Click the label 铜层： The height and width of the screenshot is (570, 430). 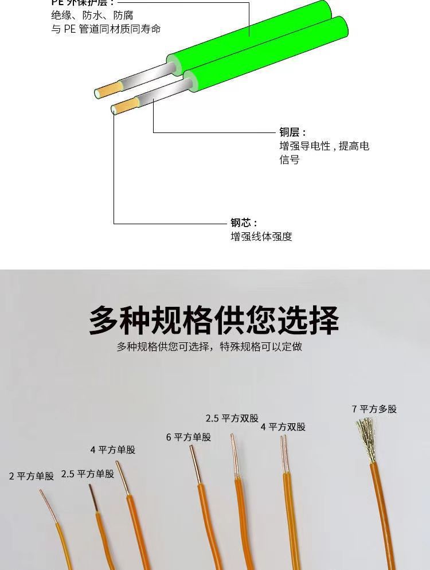point(293,132)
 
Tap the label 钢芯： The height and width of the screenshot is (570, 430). point(244,222)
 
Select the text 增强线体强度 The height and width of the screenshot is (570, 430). point(261,236)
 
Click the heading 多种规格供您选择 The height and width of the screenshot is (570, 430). point(214,320)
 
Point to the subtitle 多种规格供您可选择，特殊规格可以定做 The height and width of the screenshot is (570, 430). point(209,346)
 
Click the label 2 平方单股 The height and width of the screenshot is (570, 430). point(32,476)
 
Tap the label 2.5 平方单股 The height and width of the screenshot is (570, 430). point(88,474)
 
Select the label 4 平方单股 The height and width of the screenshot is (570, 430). point(113,450)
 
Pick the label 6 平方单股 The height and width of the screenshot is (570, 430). point(189,437)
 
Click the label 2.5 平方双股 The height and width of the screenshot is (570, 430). point(232,418)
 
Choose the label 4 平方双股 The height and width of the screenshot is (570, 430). point(283,427)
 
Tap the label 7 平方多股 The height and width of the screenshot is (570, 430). point(374,409)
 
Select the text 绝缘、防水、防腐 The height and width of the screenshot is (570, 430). point(92,15)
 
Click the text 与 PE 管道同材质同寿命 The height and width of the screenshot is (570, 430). point(106,29)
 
